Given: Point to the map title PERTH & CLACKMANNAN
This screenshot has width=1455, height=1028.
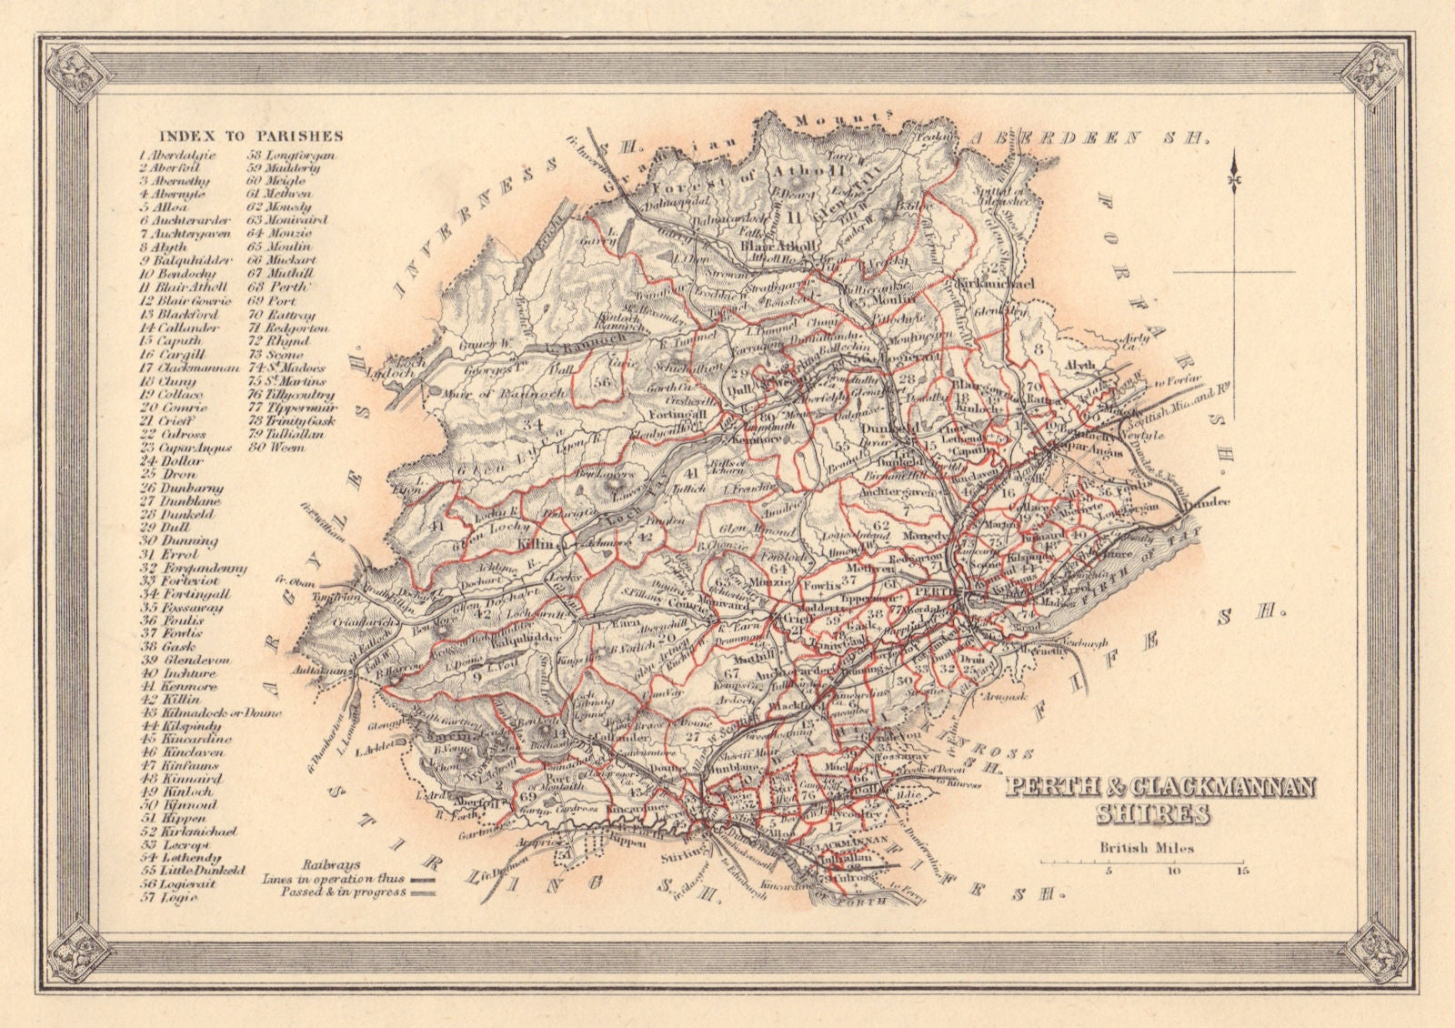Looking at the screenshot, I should (x=1160, y=786).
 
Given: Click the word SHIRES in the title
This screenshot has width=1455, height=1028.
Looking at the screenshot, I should (x=1153, y=813).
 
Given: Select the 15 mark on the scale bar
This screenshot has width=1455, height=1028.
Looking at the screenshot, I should (x=1241, y=871).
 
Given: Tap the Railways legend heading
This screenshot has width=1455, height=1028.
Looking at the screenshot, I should (x=330, y=865).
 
